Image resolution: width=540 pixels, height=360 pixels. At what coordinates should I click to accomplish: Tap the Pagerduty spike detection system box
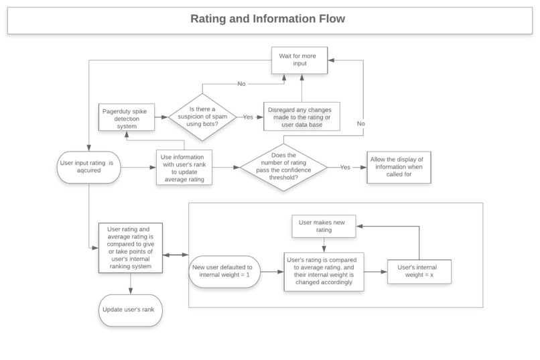point(127,117)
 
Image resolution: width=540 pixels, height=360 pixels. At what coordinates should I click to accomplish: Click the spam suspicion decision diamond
point(202,117)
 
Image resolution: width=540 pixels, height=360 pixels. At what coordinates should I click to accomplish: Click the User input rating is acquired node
point(89,166)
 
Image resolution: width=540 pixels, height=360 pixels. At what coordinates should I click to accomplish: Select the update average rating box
point(184,166)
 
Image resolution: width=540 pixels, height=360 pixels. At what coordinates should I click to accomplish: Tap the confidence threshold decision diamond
point(284,166)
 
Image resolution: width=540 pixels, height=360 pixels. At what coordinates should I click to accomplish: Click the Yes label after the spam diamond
point(248,117)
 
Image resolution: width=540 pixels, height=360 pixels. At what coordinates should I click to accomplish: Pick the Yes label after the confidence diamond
point(346,166)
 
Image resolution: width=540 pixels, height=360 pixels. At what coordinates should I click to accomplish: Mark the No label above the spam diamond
point(241,84)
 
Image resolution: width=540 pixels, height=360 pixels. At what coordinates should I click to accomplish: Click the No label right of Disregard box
point(360,123)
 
